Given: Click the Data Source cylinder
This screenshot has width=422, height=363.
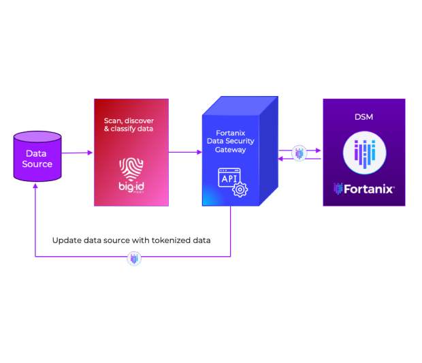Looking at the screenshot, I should [x=37, y=157].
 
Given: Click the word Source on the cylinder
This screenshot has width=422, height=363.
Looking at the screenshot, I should [x=37, y=164].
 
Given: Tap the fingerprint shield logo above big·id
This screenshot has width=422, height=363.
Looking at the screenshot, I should [x=131, y=168].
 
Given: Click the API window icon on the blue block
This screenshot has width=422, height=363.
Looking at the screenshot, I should [x=229, y=178].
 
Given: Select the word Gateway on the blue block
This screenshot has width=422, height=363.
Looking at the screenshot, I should [x=230, y=149].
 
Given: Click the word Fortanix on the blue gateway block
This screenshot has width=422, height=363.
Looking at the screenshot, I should [x=230, y=131].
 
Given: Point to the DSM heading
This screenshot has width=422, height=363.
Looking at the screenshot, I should [x=364, y=117].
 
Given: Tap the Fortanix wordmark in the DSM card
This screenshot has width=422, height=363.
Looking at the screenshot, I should [x=370, y=189].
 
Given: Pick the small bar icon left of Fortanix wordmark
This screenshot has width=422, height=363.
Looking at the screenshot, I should [x=338, y=189].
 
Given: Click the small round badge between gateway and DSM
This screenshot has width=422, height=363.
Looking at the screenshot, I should [x=299, y=153].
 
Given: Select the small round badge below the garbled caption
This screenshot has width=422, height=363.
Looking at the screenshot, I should [x=134, y=258].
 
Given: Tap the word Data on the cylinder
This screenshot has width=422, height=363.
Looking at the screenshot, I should [x=37, y=154].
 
